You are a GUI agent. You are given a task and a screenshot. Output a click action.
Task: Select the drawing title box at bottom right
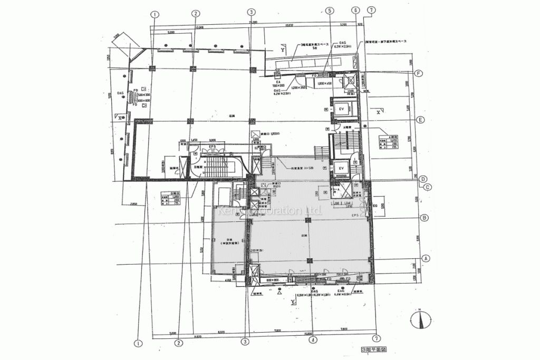point(374,349)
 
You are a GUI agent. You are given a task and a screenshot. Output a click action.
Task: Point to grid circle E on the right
point(420,120)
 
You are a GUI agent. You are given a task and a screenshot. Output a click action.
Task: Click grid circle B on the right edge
point(423,217)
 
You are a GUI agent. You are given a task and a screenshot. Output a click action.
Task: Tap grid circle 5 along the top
point(330,10)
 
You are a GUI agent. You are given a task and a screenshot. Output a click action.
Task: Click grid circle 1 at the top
point(155,14)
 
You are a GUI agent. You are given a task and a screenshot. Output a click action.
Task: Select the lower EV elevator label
point(341,168)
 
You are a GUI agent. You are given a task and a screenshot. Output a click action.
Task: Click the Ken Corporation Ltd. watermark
point(269,211)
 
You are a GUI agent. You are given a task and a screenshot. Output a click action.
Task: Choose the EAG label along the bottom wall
point(341,290)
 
